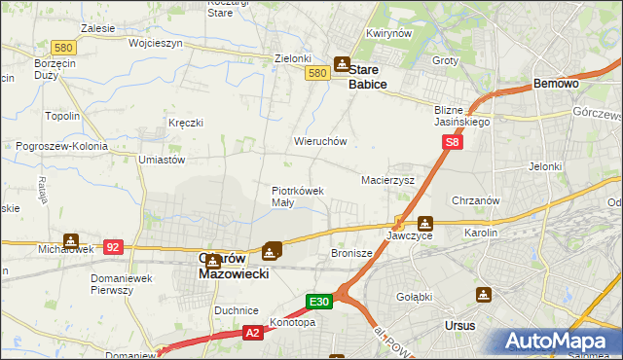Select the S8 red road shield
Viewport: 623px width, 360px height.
[x=453, y=143]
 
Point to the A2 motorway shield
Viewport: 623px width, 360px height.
[x=252, y=333]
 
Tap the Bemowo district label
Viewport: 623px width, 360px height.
[x=556, y=85]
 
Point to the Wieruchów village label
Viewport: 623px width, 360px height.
[x=320, y=141]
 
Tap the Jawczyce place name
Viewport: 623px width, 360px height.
[x=408, y=235]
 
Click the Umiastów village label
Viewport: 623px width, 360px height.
[x=162, y=159]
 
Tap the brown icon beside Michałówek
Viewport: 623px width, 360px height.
[x=71, y=240]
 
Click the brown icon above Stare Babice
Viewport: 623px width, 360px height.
[x=342, y=64]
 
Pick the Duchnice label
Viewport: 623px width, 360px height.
[x=235, y=310]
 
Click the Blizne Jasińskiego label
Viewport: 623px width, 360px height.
[x=463, y=117]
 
